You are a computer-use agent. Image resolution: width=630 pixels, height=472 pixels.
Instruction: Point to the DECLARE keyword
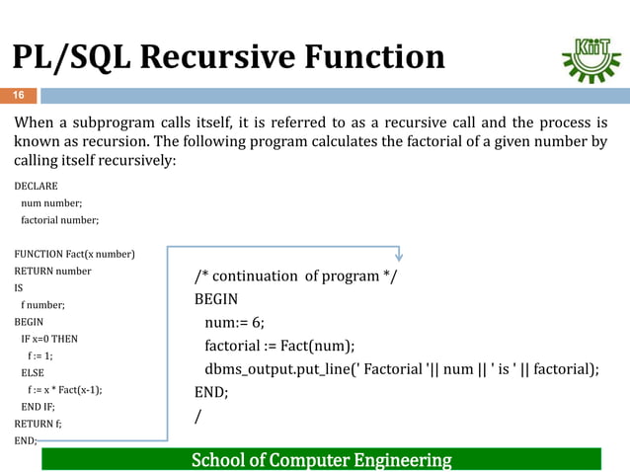tap(36, 186)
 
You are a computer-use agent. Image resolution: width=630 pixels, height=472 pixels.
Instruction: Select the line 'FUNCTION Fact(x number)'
tap(74, 254)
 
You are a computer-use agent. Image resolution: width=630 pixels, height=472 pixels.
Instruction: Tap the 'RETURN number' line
tap(52, 271)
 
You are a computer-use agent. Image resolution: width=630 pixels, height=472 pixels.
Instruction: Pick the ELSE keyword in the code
tap(33, 372)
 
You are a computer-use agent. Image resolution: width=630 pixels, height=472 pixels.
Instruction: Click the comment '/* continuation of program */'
tap(295, 275)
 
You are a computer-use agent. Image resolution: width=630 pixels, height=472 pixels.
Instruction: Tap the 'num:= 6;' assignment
tap(235, 322)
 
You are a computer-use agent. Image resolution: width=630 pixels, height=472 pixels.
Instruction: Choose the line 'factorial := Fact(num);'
tap(279, 346)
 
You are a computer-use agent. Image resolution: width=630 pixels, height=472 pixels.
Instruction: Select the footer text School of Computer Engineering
tap(321, 460)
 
